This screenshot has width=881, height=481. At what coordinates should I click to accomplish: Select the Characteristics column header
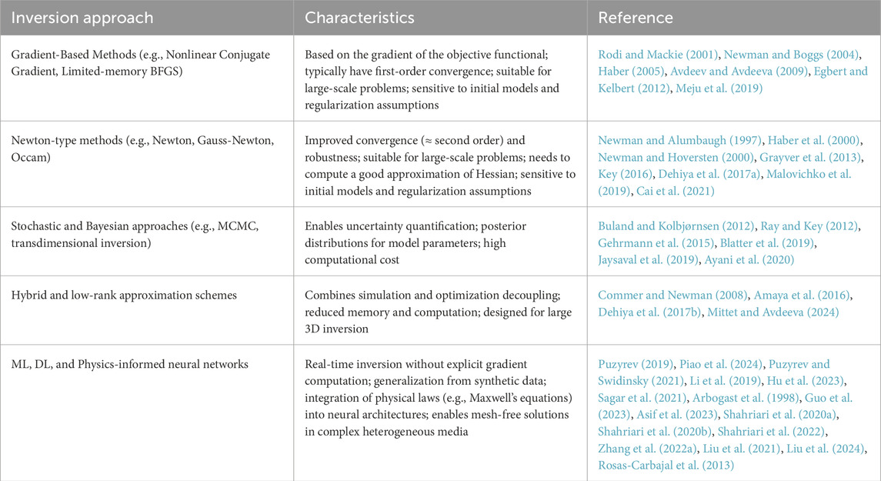[x=359, y=17]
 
